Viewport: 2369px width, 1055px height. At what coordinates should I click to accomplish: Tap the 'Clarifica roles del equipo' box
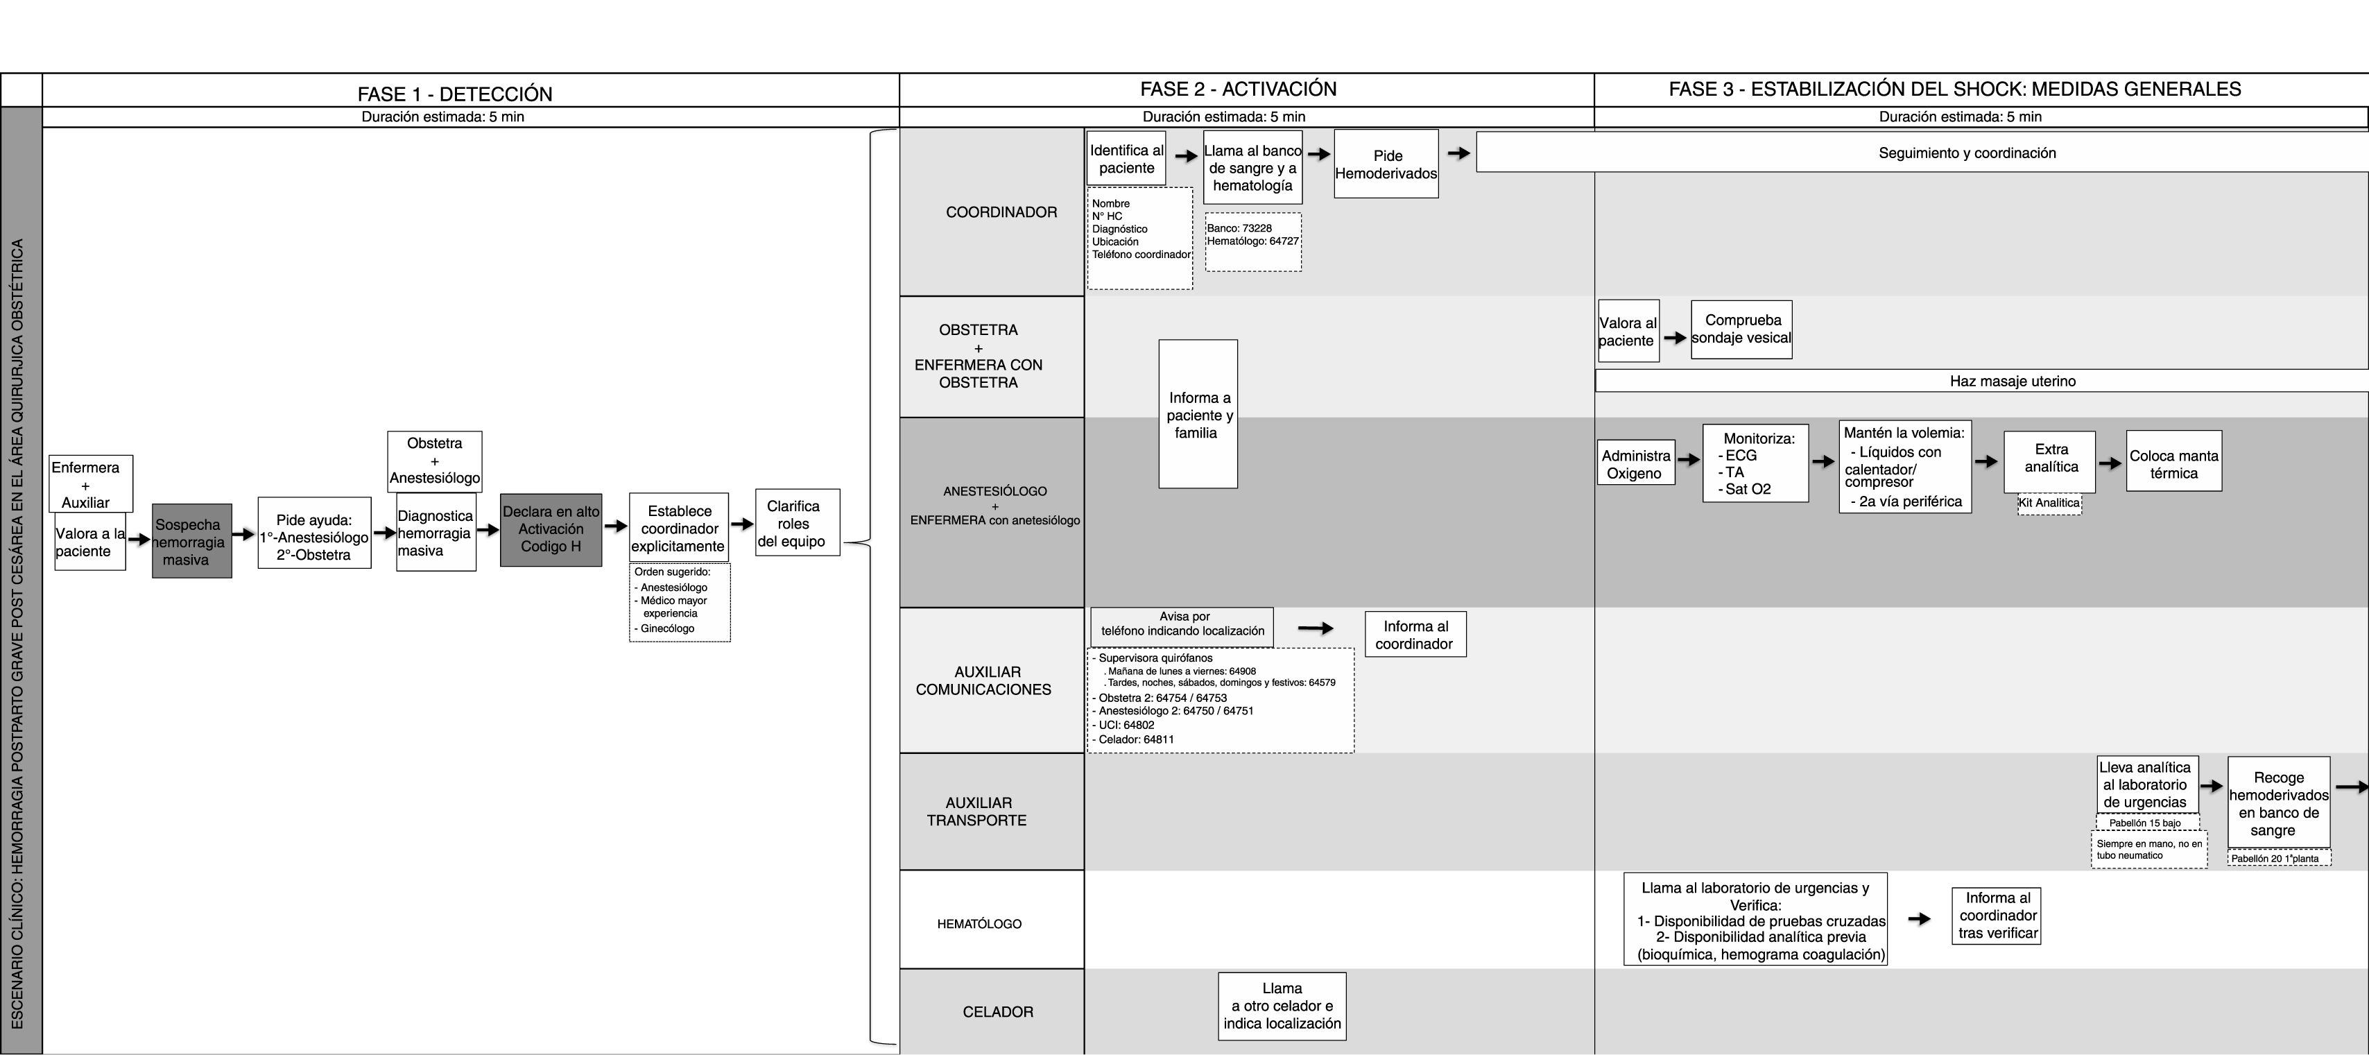(x=796, y=522)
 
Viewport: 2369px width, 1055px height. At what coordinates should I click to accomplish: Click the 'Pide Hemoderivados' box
(x=1386, y=164)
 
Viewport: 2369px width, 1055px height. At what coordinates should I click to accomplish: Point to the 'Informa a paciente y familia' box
(x=1198, y=414)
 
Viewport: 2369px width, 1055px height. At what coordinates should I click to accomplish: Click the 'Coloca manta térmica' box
(x=2173, y=465)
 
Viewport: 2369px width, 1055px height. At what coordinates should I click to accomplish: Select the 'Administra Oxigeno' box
(x=1635, y=465)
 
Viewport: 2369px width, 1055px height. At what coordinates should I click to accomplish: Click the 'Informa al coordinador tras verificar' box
(x=1997, y=915)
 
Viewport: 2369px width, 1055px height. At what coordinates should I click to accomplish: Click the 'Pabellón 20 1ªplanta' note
(x=2278, y=858)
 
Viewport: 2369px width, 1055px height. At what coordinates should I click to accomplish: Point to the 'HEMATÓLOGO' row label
(x=979, y=923)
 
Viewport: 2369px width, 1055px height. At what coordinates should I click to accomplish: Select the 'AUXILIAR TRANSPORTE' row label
(x=978, y=812)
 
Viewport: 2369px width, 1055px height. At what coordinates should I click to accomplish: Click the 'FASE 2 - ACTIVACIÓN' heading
(x=1238, y=89)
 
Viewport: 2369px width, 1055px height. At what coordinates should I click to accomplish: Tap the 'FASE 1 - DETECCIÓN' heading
(x=454, y=94)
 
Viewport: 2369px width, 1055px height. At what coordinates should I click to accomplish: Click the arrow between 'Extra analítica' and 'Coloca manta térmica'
(x=2110, y=463)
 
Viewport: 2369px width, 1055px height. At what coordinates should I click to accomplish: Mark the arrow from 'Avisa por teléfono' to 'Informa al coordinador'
(x=1315, y=629)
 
